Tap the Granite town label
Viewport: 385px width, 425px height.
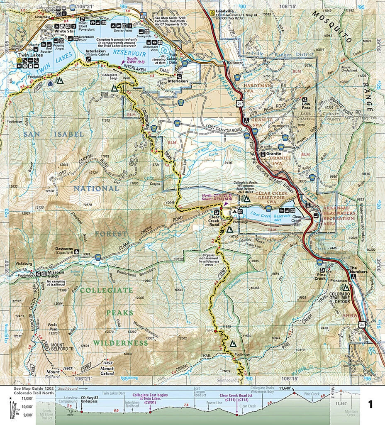(x=275, y=153)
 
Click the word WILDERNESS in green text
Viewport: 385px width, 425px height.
(x=120, y=343)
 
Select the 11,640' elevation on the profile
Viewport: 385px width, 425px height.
(x=285, y=388)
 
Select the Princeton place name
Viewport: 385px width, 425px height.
(x=339, y=281)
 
